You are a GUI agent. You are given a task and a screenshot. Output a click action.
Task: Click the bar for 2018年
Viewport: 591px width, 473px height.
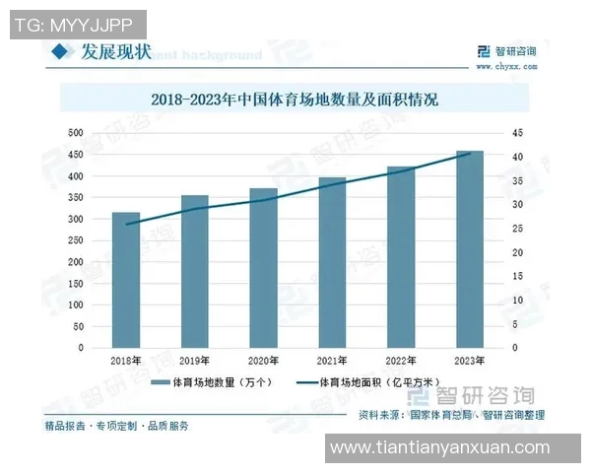pyautogui.click(x=126, y=280)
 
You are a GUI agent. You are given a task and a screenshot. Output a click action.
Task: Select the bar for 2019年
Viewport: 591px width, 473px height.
pyautogui.click(x=194, y=271)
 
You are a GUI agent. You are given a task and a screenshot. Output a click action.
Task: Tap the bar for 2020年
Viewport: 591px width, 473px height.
pyautogui.click(x=263, y=267)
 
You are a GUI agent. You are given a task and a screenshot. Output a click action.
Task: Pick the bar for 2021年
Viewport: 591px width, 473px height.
pyautogui.click(x=332, y=262)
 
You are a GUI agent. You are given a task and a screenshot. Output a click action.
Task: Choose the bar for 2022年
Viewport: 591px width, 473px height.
pyautogui.click(x=401, y=257)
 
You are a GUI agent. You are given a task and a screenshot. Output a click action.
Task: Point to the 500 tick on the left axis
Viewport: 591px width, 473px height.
pyautogui.click(x=75, y=133)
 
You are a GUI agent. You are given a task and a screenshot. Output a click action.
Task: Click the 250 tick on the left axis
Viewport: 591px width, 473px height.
pyautogui.click(x=75, y=240)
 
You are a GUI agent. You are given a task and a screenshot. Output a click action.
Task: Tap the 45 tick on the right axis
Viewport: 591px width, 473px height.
pyautogui.click(x=517, y=133)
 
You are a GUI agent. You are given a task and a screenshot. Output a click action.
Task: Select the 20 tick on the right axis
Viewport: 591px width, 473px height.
pyautogui.click(x=517, y=252)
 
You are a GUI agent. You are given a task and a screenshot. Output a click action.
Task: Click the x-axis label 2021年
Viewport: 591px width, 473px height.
pyautogui.click(x=332, y=362)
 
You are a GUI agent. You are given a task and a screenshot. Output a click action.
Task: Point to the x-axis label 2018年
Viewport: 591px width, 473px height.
pyautogui.click(x=126, y=362)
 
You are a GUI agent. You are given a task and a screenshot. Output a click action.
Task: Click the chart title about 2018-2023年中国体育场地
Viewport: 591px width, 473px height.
pyautogui.click(x=295, y=100)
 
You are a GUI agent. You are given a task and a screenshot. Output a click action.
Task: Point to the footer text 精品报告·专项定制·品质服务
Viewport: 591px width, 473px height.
pyautogui.click(x=116, y=426)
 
